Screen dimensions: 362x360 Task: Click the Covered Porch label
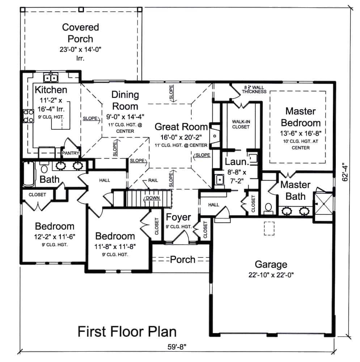[80, 33]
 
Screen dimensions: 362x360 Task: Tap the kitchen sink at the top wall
[51, 77]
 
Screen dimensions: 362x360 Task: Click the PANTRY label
[71, 153]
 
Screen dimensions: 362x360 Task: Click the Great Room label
[181, 127]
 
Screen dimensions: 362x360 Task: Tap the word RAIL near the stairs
[153, 180]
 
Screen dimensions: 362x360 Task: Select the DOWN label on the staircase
[153, 198]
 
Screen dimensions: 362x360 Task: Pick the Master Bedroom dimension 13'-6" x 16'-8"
[300, 133]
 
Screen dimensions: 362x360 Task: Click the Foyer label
[178, 217]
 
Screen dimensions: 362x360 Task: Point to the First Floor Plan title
[127, 331]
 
